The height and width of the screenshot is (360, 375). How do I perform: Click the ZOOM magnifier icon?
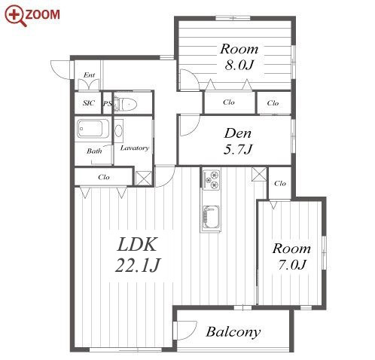tap(15, 16)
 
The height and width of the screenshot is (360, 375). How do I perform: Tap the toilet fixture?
tap(125, 104)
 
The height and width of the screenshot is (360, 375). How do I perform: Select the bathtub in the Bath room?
tap(93, 129)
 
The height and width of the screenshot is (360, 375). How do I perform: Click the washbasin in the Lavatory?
tap(118, 131)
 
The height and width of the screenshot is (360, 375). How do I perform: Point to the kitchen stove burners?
tap(211, 179)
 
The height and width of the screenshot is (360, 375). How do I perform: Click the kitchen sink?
tap(211, 217)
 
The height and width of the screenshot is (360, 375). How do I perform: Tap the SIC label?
tap(89, 103)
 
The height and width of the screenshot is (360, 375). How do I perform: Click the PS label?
tap(107, 104)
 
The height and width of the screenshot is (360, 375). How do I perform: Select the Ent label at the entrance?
tap(89, 75)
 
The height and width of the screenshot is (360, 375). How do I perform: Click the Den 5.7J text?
tap(237, 142)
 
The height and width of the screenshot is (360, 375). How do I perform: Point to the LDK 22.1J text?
tap(137, 255)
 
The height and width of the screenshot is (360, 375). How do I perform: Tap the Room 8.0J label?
tap(239, 57)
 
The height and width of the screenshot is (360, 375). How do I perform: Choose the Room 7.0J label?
tap(291, 256)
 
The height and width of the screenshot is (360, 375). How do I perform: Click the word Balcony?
tap(233, 332)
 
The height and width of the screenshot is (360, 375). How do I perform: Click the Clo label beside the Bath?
tap(104, 177)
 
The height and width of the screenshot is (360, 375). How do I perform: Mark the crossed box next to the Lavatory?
tap(144, 178)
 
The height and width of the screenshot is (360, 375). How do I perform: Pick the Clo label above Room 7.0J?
tap(280, 184)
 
